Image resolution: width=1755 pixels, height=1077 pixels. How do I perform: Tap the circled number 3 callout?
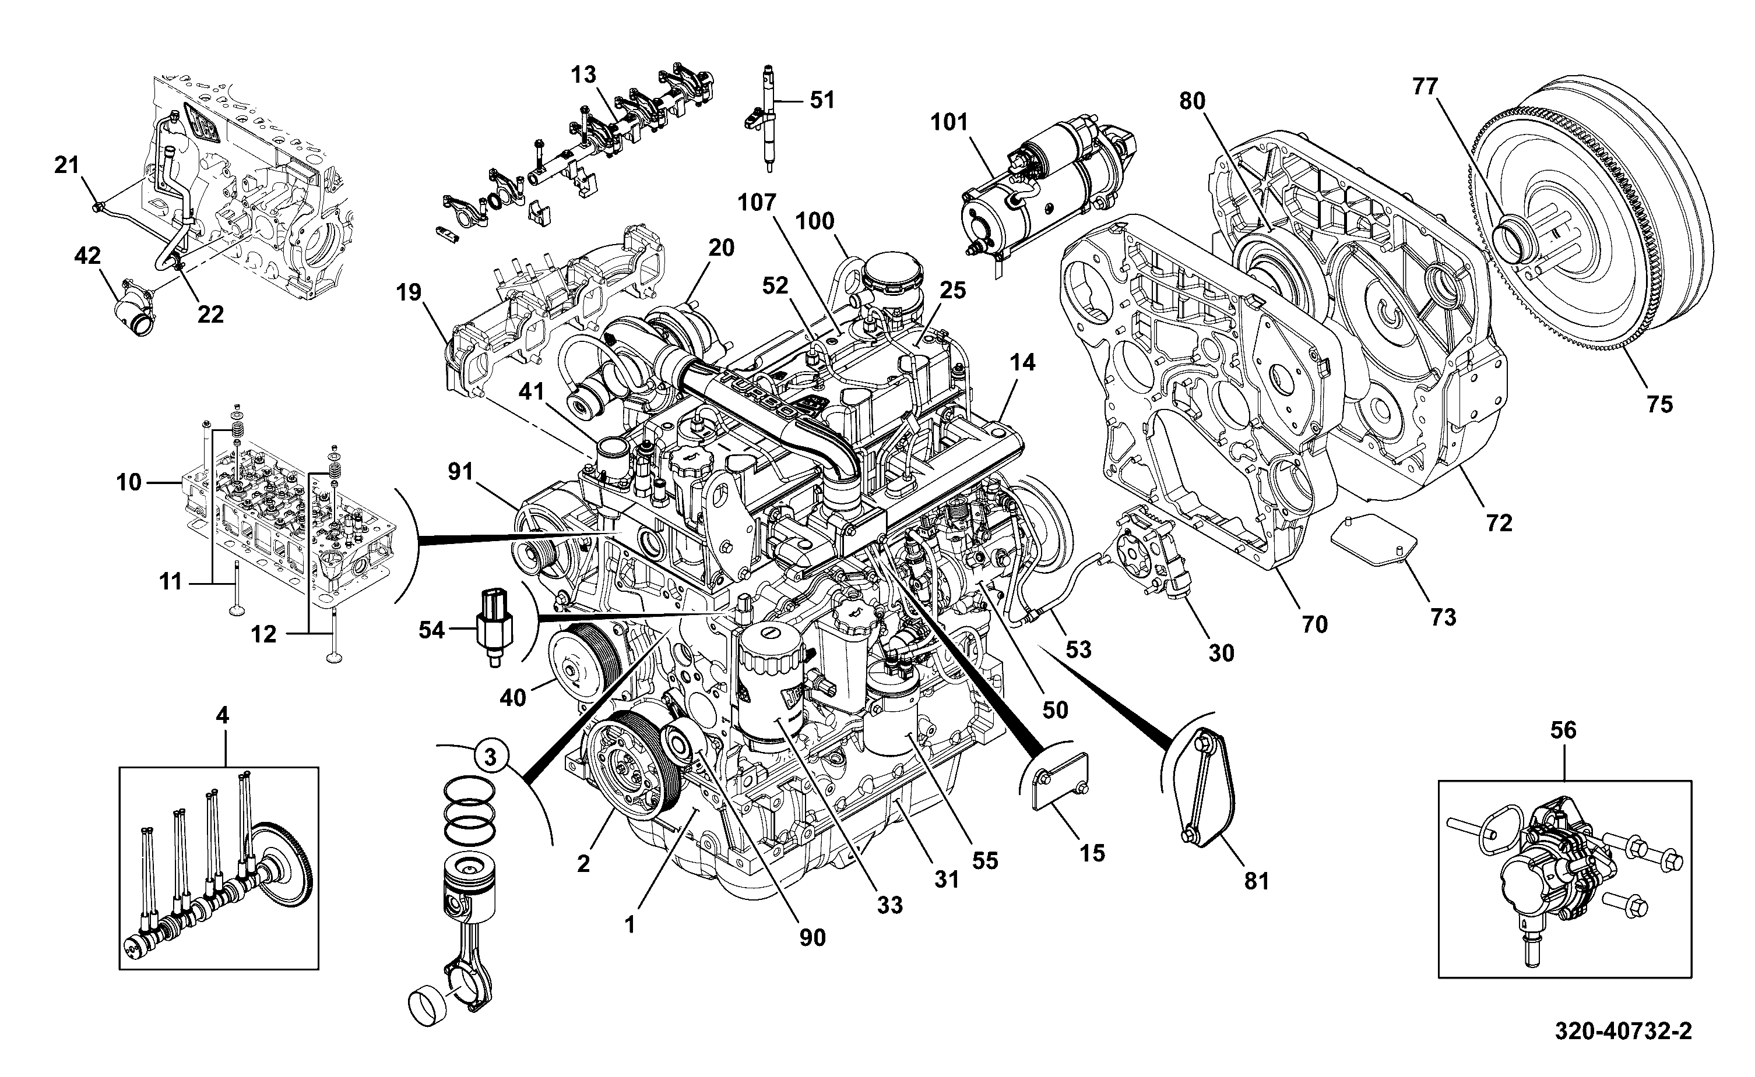click(x=490, y=757)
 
